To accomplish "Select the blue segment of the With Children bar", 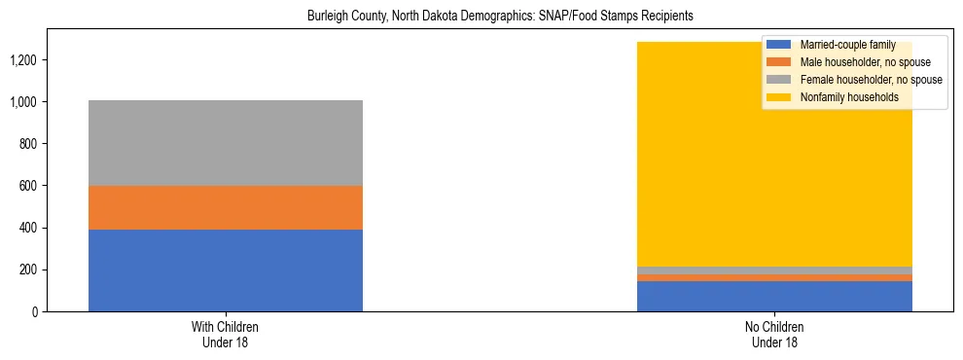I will (x=226, y=270).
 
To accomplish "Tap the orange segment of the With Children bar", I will (x=226, y=207).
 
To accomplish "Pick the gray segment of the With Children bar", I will (x=226, y=143).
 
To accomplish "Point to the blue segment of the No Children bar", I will (x=774, y=296).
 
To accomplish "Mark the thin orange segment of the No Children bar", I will (x=774, y=278).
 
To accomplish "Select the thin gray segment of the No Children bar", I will (x=774, y=270).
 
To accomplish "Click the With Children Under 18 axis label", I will (x=226, y=335).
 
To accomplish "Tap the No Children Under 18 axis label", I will (x=774, y=335).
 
